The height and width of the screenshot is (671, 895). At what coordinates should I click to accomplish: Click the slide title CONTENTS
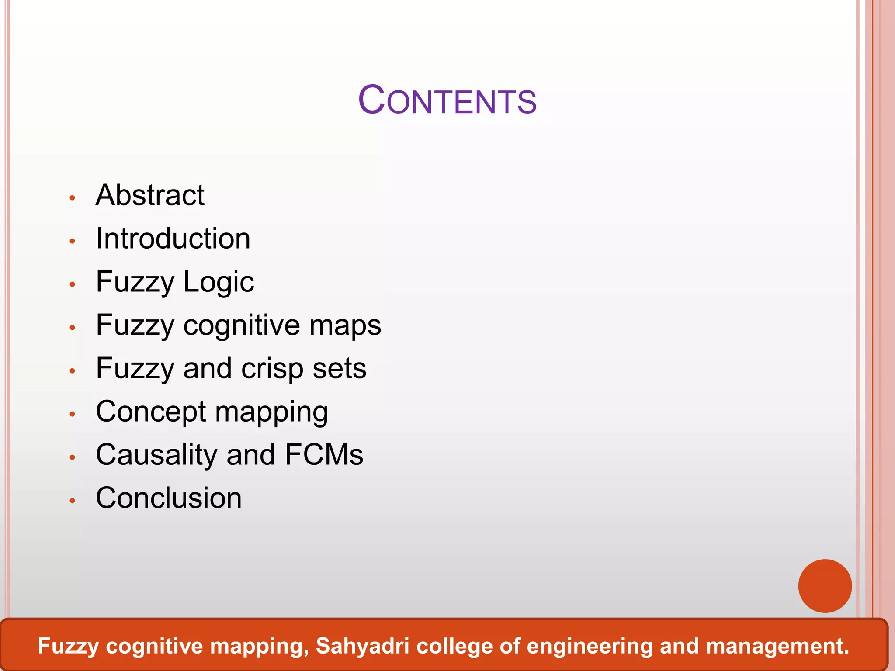click(x=447, y=100)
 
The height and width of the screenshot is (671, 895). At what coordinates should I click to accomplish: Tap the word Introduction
click(x=173, y=239)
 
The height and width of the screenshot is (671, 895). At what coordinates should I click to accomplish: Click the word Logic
click(x=219, y=282)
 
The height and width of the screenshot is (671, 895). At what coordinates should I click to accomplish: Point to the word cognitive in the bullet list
click(x=242, y=325)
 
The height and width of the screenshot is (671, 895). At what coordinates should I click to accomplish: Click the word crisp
click(x=273, y=369)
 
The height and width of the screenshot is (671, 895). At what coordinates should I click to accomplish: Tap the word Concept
click(x=151, y=412)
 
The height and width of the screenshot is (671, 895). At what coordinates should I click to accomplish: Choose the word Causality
click(x=156, y=455)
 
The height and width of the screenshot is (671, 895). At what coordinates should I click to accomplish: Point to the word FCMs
click(x=324, y=455)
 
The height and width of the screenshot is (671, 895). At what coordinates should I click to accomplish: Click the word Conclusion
click(x=169, y=498)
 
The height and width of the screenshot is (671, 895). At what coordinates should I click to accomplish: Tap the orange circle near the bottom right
click(x=825, y=586)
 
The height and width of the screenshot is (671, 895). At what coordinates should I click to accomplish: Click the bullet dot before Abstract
click(x=73, y=198)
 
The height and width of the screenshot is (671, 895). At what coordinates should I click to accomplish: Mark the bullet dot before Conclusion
click(x=73, y=501)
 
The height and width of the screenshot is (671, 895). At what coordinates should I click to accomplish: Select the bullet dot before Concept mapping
click(x=73, y=414)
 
